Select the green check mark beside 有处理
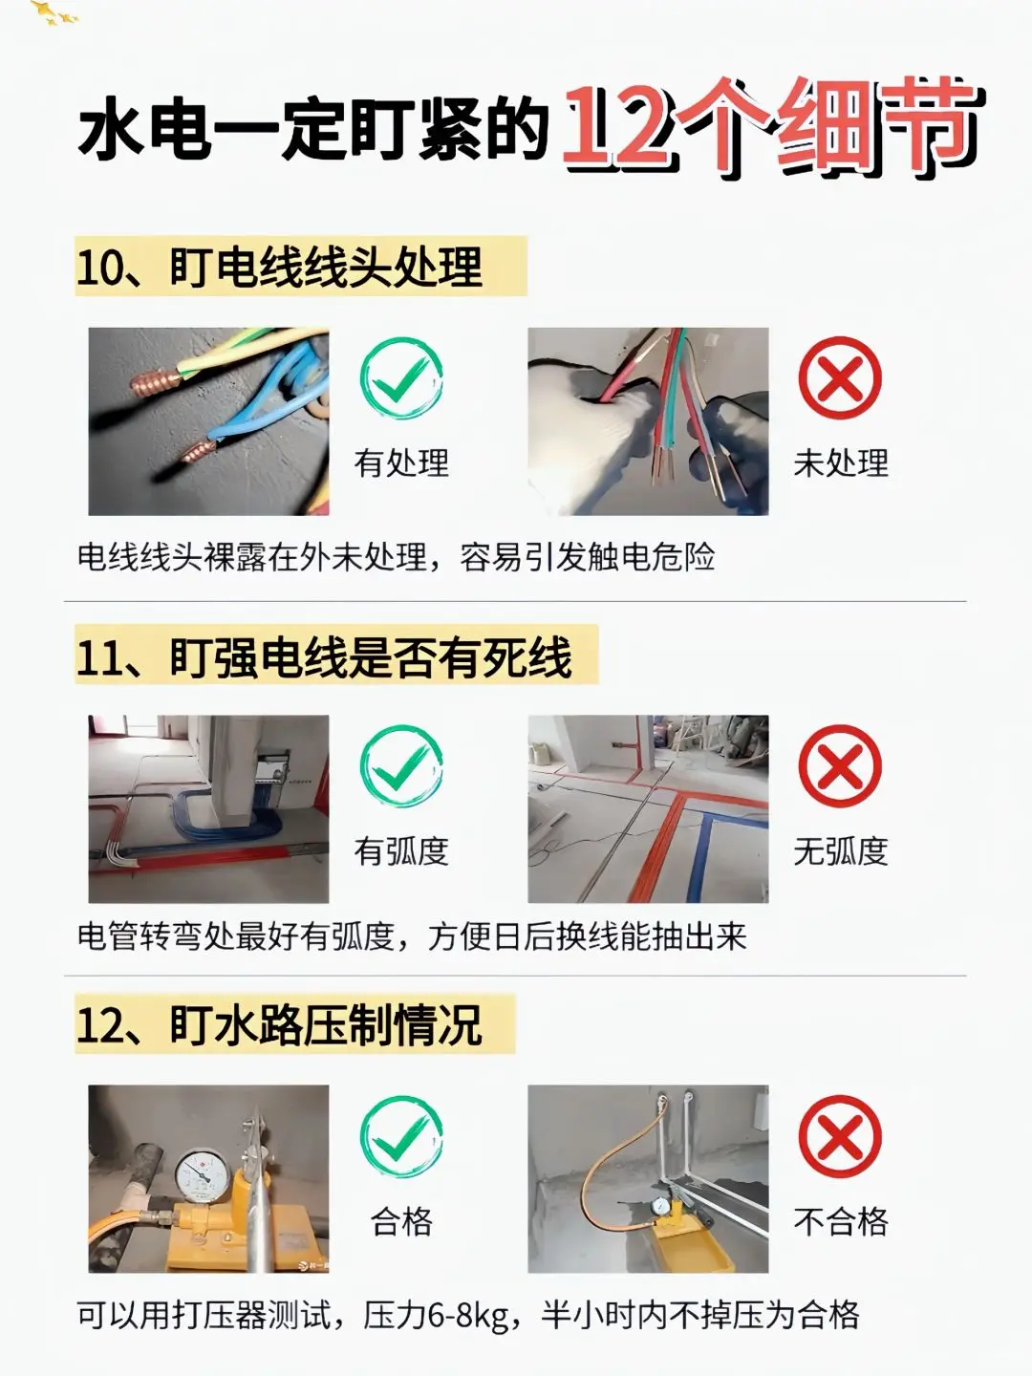pyautogui.click(x=401, y=378)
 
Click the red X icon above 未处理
pyautogui.click(x=840, y=378)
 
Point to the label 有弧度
pyautogui.click(x=401, y=851)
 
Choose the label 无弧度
pyautogui.click(x=841, y=851)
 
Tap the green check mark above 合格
pyautogui.click(x=401, y=1138)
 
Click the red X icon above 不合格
pyautogui.click(x=840, y=1138)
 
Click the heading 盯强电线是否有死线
pyautogui.click(x=371, y=657)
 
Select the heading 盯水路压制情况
pyautogui.click(x=326, y=1025)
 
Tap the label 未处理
pyautogui.click(x=841, y=463)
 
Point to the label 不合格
pyautogui.click(x=841, y=1221)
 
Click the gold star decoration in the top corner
pyautogui.click(x=54, y=12)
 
